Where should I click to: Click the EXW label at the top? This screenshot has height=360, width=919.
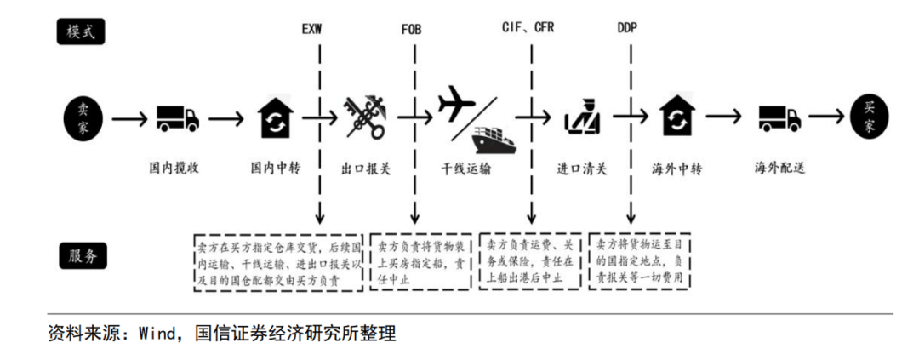click(x=311, y=29)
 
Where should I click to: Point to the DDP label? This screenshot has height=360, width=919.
click(x=627, y=28)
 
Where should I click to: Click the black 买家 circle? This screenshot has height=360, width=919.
click(x=870, y=118)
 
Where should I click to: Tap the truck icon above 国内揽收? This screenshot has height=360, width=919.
click(x=178, y=118)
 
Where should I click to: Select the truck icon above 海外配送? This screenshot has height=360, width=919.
click(x=779, y=118)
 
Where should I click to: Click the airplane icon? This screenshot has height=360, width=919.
click(x=457, y=103)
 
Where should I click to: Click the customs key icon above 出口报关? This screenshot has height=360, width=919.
click(x=366, y=117)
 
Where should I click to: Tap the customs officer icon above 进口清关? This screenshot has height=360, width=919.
click(x=582, y=117)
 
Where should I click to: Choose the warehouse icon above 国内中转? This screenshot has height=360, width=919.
click(x=276, y=117)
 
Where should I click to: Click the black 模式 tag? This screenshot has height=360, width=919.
click(x=80, y=31)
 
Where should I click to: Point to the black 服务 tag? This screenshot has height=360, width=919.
click(x=83, y=255)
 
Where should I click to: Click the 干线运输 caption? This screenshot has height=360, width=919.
click(x=466, y=169)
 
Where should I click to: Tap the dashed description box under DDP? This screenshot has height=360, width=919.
click(x=639, y=260)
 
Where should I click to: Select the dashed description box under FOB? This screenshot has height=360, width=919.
click(x=421, y=261)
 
